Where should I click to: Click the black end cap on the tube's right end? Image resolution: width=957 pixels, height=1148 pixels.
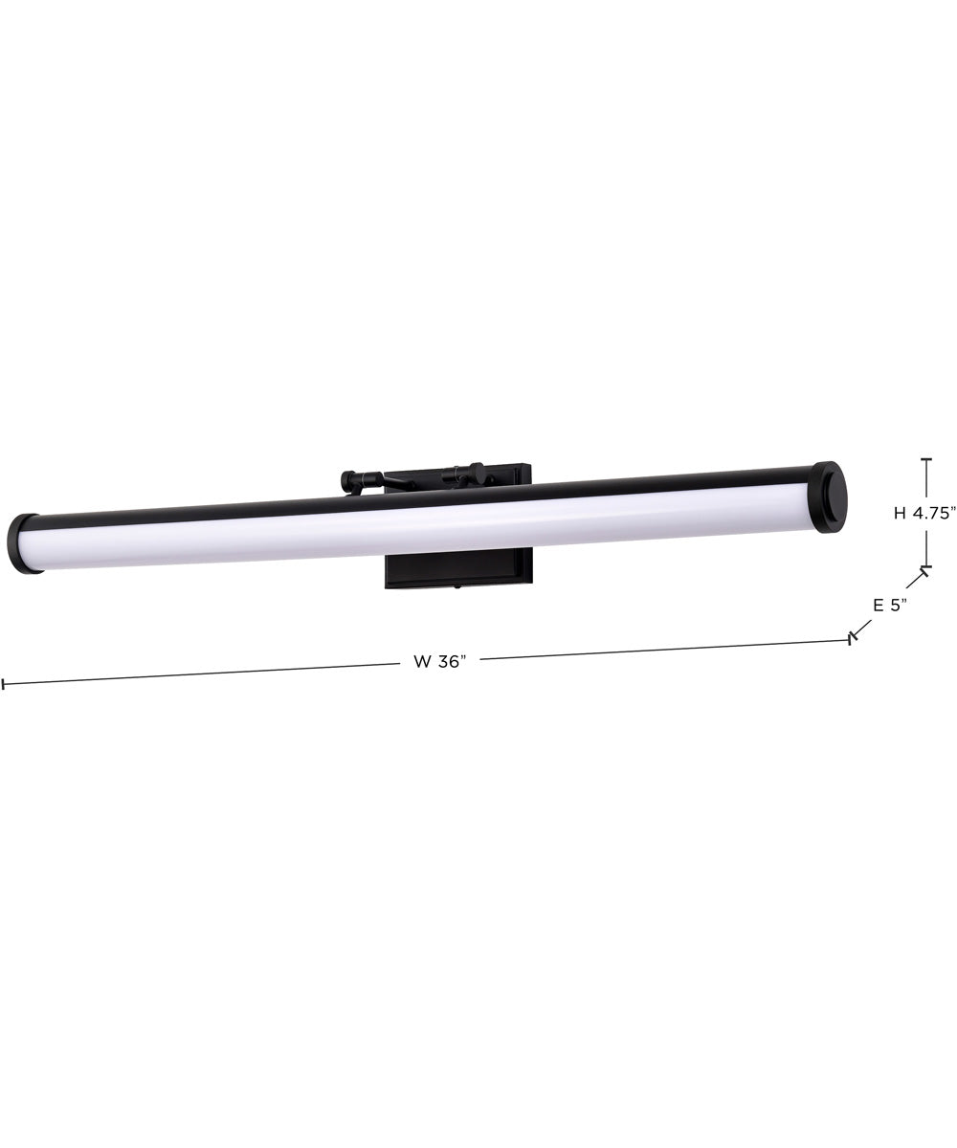coord(831,497)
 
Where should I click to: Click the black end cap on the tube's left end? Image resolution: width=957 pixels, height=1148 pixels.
coord(24,543)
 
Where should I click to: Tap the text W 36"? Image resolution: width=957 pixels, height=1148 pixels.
coord(439,661)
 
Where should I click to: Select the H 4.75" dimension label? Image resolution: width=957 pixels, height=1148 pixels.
coord(924,513)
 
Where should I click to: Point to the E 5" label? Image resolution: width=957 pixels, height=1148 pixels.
coord(889,605)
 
